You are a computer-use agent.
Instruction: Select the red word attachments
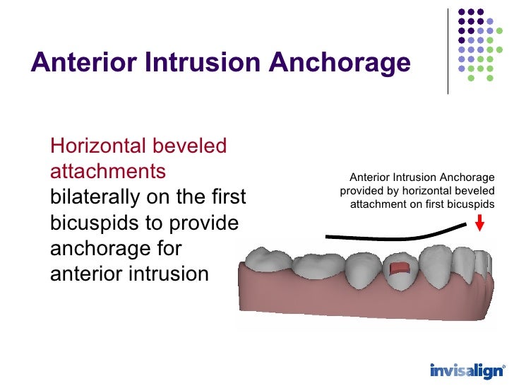pos(108,171)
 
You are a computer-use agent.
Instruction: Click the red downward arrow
pos(480,224)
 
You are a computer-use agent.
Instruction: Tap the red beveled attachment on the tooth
pos(400,269)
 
